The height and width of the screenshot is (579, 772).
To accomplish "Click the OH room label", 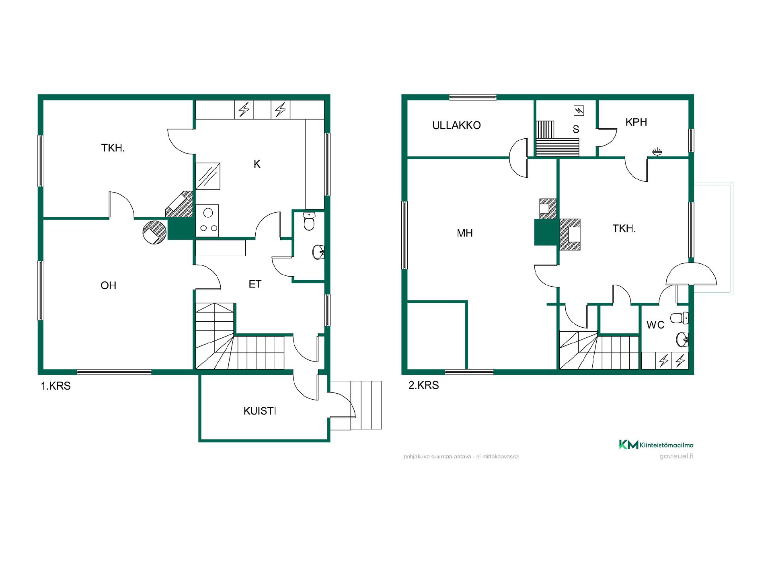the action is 109,285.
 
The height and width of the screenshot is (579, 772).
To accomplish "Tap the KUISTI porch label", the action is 260,411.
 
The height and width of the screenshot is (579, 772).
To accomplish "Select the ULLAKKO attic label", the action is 456,125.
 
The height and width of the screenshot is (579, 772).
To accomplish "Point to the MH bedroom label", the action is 465,233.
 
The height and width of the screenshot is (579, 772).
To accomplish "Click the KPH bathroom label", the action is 636,122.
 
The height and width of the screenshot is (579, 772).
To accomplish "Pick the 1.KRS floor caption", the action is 55,386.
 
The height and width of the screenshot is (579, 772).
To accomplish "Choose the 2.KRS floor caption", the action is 424,385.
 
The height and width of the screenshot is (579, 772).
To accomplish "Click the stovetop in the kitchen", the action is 207,220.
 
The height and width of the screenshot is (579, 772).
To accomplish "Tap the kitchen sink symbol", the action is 208,176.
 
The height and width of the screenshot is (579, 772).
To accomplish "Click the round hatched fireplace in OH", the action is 154,232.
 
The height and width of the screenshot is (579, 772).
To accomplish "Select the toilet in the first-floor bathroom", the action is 309,222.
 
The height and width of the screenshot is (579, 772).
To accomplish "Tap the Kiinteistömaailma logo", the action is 656,444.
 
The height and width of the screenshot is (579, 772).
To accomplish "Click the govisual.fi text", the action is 676,456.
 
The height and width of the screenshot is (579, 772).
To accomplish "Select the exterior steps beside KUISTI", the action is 366,405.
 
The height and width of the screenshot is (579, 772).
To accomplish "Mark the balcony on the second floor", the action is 713,238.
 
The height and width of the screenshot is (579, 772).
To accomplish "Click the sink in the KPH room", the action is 657,152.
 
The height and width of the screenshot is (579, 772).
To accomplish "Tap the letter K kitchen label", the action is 257,164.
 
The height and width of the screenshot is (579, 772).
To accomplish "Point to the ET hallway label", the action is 255,284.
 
